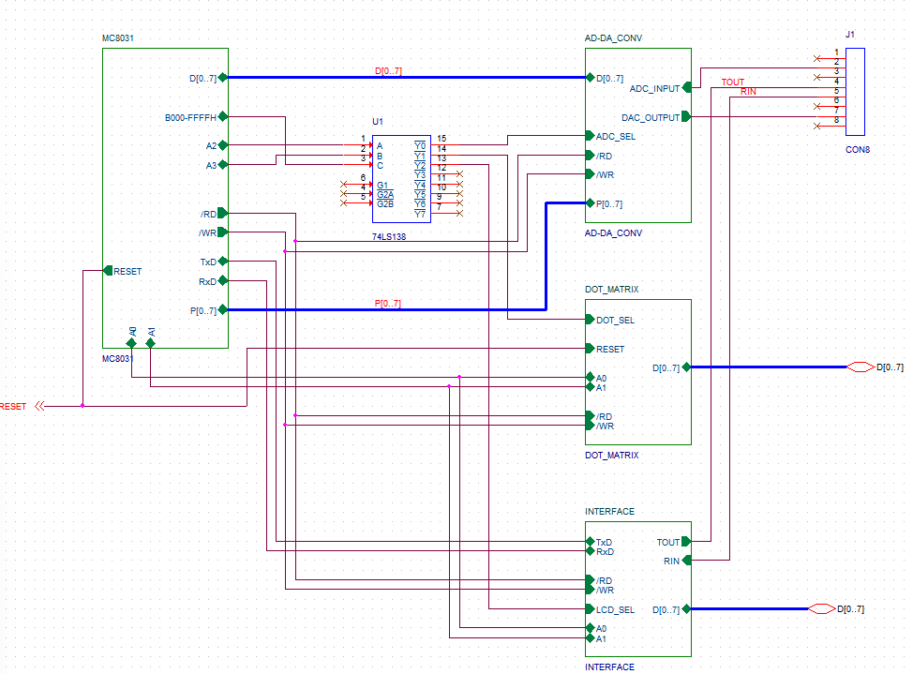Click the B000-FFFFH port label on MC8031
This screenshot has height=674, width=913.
tap(190, 118)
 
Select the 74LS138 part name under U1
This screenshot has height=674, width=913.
tap(389, 236)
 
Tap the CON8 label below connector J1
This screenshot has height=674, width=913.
tap(858, 150)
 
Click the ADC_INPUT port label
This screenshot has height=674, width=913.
tap(654, 88)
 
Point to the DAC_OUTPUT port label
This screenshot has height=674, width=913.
tap(651, 118)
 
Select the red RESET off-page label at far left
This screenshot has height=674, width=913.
tap(13, 407)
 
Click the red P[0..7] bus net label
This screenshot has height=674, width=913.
tap(388, 304)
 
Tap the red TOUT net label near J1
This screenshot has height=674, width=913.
tap(733, 82)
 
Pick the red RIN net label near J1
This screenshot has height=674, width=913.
tap(748, 92)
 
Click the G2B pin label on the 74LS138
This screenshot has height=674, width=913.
tap(385, 204)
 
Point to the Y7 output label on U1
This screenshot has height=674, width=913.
tap(420, 215)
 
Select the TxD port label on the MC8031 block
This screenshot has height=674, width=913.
tap(208, 262)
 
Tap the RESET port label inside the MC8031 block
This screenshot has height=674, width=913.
tap(127, 272)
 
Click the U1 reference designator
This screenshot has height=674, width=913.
tap(378, 121)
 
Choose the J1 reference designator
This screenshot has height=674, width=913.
tap(850, 35)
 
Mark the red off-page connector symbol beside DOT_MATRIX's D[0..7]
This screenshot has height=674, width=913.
tap(861, 367)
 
